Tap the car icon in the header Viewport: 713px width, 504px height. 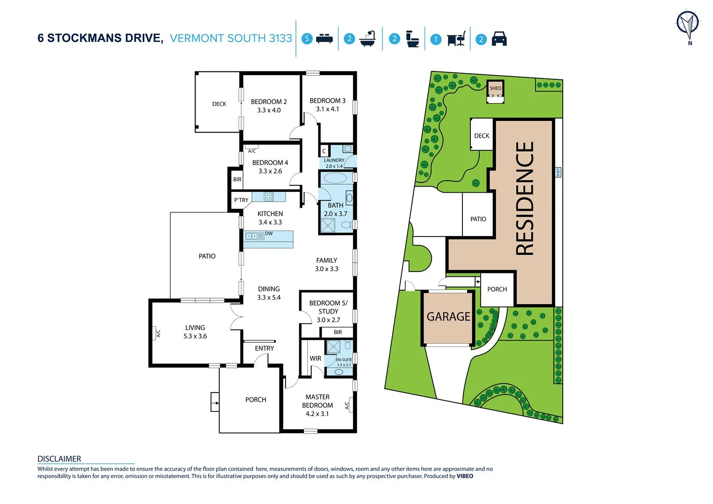pyautogui.click(x=499, y=39)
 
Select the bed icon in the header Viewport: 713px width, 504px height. pyautogui.click(x=324, y=38)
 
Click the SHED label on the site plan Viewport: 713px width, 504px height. pyautogui.click(x=496, y=88)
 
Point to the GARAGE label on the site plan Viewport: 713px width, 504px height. pyautogui.click(x=448, y=316)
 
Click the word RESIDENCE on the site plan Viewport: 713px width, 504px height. pyautogui.click(x=524, y=198)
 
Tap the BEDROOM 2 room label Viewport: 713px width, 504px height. pyautogui.click(x=269, y=102)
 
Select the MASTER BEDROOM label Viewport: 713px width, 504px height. pyautogui.click(x=317, y=401)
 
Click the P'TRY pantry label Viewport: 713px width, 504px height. pyautogui.click(x=241, y=200)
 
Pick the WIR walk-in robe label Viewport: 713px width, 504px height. pyautogui.click(x=315, y=358)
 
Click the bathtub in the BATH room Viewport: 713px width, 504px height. pyautogui.click(x=335, y=178)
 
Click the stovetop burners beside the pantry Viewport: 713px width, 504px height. pyautogui.click(x=268, y=197)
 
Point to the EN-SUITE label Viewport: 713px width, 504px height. pyautogui.click(x=344, y=359)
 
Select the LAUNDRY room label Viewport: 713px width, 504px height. pyautogui.click(x=334, y=160)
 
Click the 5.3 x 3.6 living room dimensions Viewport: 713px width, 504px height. pyautogui.click(x=195, y=336)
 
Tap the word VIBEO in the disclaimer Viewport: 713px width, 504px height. pyautogui.click(x=465, y=476)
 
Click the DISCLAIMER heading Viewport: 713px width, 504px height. pyautogui.click(x=59, y=459)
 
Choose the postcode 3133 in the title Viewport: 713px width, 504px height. pyautogui.click(x=280, y=38)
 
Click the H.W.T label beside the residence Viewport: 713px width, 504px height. pyautogui.click(x=558, y=172)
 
